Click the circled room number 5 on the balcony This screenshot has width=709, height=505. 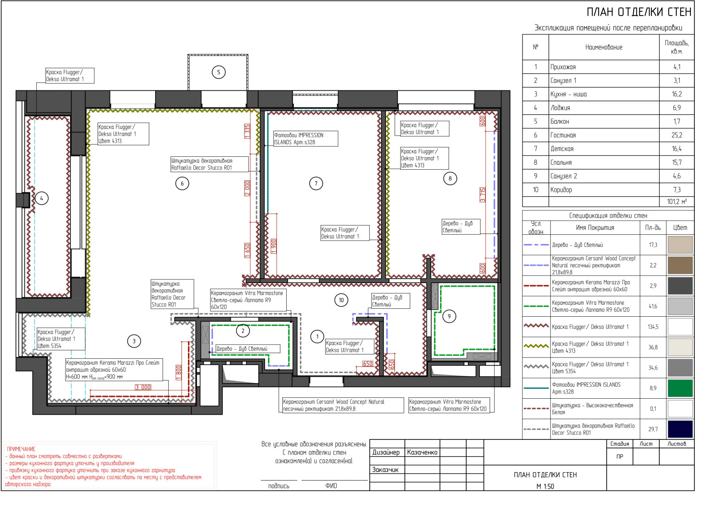[218, 73]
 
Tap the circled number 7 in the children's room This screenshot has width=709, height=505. [316, 183]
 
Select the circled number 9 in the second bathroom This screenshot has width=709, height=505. [449, 316]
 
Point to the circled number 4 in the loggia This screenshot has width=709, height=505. [42, 199]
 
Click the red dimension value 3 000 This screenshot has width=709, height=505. [143, 387]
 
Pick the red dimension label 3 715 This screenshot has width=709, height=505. [483, 194]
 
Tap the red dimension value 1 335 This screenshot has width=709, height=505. [247, 131]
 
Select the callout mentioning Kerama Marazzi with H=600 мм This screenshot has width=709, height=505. [114, 369]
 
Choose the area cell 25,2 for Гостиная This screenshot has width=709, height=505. [677, 135]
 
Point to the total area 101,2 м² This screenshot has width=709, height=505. [677, 202]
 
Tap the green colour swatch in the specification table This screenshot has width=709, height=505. [680, 388]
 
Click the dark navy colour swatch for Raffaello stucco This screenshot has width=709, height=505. [680, 429]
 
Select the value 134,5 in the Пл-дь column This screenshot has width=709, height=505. [653, 327]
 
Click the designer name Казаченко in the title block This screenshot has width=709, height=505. [422, 452]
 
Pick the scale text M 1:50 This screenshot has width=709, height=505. [545, 487]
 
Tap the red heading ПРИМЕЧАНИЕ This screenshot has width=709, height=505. [21, 449]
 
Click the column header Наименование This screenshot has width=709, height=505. [604, 47]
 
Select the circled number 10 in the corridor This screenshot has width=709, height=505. [341, 300]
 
